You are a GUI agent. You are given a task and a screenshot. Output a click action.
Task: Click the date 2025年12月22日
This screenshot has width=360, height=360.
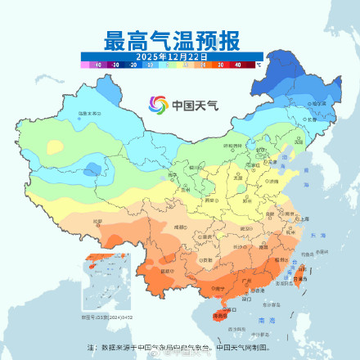click(171, 56)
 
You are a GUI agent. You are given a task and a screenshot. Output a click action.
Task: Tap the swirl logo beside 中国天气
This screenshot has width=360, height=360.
click(157, 105)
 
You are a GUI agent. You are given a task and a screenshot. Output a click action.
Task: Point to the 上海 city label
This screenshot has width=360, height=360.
click(304, 218)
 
